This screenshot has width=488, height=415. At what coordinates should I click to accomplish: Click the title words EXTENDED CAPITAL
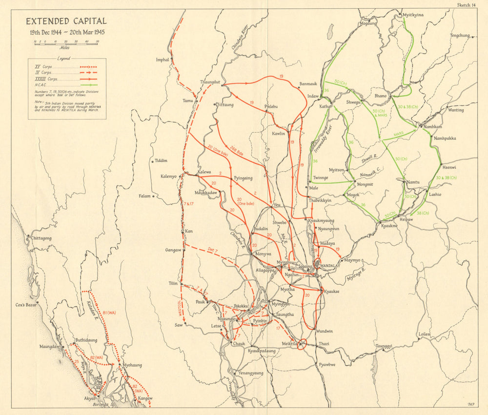[x=66, y=21]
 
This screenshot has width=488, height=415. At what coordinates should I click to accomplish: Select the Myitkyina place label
[x=413, y=15]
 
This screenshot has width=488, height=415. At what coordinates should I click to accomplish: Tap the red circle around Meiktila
[x=301, y=344]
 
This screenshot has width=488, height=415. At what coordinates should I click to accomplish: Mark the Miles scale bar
[x=66, y=42]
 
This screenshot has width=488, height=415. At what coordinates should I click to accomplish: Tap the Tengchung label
[x=459, y=36]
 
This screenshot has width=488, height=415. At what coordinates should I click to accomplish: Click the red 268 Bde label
[x=237, y=152]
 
